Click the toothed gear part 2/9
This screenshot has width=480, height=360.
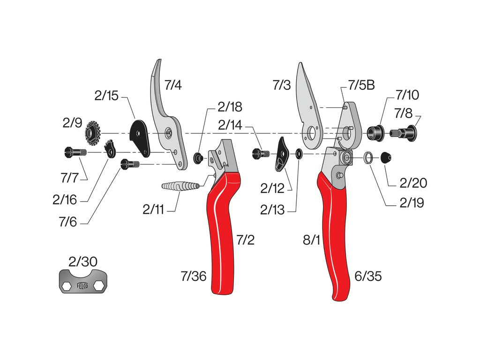coord(93,134)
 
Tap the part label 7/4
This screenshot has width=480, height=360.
coord(173,85)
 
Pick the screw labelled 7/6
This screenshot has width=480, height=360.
coord(131,164)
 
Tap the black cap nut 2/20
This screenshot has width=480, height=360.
coord(386,158)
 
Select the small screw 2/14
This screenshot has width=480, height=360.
coord(261,153)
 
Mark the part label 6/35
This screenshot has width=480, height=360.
coord(368,276)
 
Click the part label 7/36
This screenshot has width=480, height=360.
coord(193,276)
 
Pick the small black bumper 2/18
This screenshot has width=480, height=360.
coord(199,157)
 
